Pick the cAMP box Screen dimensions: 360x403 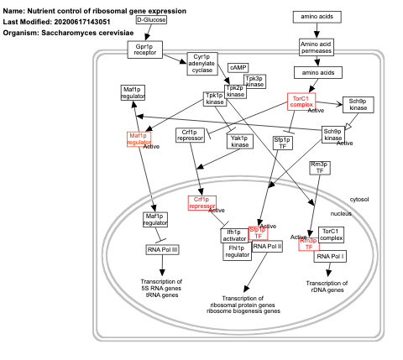coord(237,67)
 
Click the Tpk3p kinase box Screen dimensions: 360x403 coord(254,81)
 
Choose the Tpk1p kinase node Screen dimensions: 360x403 coord(218,99)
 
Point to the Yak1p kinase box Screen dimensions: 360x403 coord(240,141)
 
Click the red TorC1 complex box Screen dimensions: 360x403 coord(301,102)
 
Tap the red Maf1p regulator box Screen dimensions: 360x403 coord(139,139)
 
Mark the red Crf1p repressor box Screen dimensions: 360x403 coord(201,202)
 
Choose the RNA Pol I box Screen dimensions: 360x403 coord(330,254)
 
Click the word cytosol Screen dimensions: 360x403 coord(359,199)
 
